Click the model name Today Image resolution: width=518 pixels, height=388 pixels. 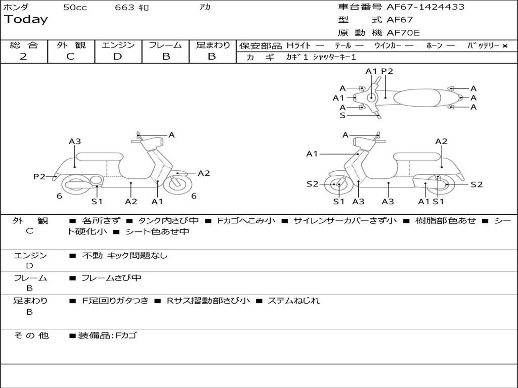pyautogui.click(x=26, y=19)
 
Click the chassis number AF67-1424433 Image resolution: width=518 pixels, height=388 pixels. pyautogui.click(x=425, y=7)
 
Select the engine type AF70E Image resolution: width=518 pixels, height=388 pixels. pyautogui.click(x=403, y=33)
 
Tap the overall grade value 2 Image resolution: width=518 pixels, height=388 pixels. pyautogui.click(x=23, y=57)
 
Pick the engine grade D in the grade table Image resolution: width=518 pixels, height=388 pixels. pyautogui.click(x=117, y=57)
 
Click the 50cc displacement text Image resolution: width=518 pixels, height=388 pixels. pyautogui.click(x=75, y=7)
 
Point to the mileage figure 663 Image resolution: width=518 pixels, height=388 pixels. pyautogui.click(x=124, y=7)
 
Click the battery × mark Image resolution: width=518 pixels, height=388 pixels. pyautogui.click(x=505, y=46)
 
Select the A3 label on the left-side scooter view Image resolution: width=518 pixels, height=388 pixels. pyautogui.click(x=75, y=141)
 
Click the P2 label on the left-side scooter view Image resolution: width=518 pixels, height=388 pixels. pyautogui.click(x=39, y=176)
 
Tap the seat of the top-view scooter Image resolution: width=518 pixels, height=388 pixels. pyautogui.click(x=417, y=98)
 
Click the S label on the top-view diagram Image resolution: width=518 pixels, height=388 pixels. pyautogui.click(x=342, y=116)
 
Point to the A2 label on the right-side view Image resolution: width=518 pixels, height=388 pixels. pyautogui.click(x=441, y=141)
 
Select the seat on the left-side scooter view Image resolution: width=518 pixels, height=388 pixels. pyautogui.click(x=100, y=157)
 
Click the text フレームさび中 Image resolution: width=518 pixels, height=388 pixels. pyautogui.click(x=111, y=278)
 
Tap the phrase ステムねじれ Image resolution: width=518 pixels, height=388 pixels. pyautogui.click(x=293, y=301)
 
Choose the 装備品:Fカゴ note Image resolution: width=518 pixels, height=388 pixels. pyautogui.click(x=107, y=335)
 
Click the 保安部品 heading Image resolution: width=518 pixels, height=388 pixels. pyautogui.click(x=261, y=46)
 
